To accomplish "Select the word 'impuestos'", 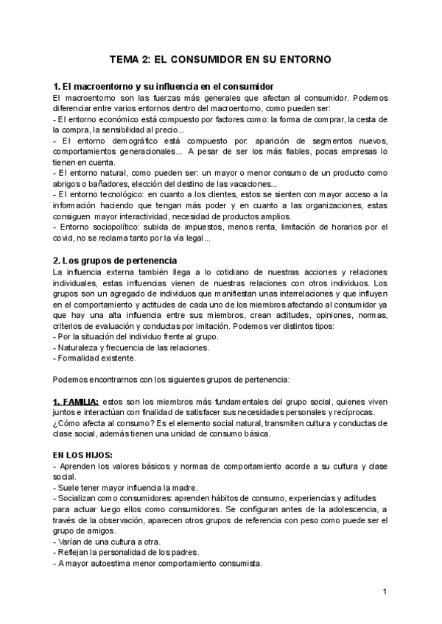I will pyautogui.click(x=207, y=227).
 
